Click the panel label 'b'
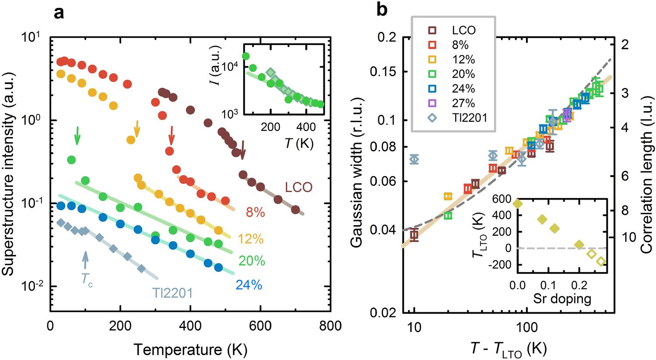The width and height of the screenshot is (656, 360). click(x=382, y=10)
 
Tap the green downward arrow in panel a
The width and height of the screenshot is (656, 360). click(x=77, y=135)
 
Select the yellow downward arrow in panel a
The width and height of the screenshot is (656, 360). click(x=137, y=128)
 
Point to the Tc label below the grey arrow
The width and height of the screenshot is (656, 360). click(x=87, y=279)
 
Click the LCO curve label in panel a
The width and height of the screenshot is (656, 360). click(x=299, y=187)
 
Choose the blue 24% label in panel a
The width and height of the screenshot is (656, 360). click(x=249, y=285)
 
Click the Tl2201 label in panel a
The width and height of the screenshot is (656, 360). click(x=172, y=293)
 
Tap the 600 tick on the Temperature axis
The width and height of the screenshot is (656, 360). click(x=260, y=327)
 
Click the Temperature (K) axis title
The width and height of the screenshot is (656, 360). click(x=190, y=349)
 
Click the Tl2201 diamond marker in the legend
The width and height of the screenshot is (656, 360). click(x=432, y=117)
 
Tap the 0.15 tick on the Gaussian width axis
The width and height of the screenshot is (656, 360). click(x=383, y=72)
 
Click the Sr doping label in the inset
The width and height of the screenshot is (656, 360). click(x=562, y=299)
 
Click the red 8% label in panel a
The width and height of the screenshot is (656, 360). click(x=255, y=213)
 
